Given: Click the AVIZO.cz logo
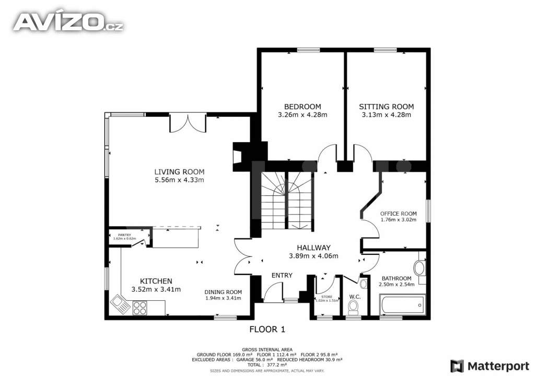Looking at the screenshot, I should (68, 21).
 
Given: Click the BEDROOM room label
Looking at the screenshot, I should (302, 107).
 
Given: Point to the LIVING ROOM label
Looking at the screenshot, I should (179, 172).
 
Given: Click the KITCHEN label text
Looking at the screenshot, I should (156, 281).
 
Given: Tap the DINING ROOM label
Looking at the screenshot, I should (223, 292).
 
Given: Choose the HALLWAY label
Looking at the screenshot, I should (313, 247).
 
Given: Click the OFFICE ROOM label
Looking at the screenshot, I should (398, 214).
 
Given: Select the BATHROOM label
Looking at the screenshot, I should (396, 278).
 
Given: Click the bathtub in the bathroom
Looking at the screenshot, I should (402, 304).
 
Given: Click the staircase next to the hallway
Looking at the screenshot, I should (282, 201).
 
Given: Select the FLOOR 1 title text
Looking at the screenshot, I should (267, 329).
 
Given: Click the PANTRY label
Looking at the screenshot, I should (124, 235).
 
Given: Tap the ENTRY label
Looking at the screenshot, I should (282, 275).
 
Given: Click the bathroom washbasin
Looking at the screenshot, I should (420, 268).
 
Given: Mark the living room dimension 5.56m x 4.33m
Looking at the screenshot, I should (179, 180).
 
